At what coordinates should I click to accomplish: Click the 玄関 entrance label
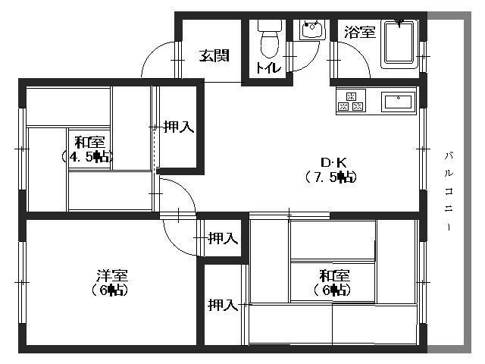coord(214,55)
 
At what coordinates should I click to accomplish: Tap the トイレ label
coord(268,68)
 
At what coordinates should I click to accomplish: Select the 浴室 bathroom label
coord(359,32)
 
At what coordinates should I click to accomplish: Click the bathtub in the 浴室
coord(399,43)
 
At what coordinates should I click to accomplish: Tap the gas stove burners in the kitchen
coord(351,102)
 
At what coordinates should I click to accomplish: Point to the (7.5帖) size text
coord(331,177)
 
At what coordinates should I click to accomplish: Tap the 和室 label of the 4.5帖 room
coord(89,143)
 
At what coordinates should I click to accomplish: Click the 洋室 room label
coord(111,275)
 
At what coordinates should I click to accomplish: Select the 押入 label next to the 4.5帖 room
coord(179,127)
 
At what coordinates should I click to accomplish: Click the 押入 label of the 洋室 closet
coord(222,238)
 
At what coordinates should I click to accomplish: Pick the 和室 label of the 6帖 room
coord(333,275)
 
